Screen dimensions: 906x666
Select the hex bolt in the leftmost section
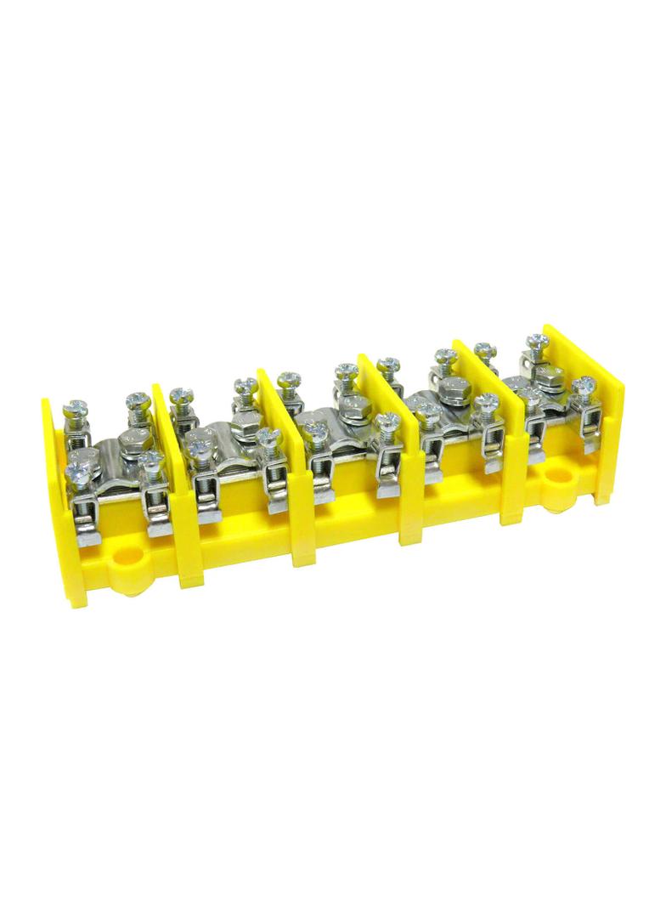pos(133,439)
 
